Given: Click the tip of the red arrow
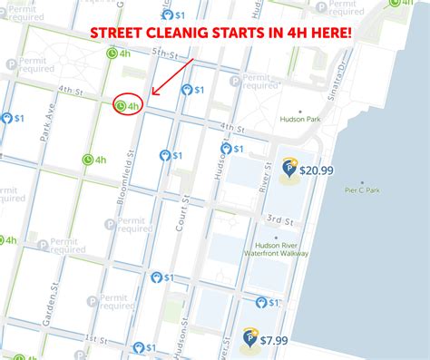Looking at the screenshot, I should pyautogui.click(x=152, y=94).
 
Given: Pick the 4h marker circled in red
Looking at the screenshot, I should pyautogui.click(x=128, y=106).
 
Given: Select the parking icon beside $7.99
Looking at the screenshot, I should pyautogui.click(x=249, y=340).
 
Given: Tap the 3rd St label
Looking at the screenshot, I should pyautogui.click(x=279, y=220).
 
